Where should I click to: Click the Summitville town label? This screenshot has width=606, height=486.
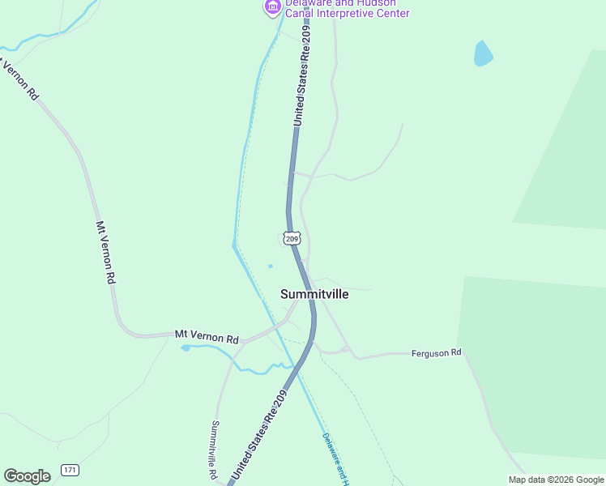[x=314, y=294]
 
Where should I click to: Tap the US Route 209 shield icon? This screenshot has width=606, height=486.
[x=292, y=238]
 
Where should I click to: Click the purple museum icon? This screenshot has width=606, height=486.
[x=272, y=7]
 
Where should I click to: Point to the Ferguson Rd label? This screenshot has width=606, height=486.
[x=436, y=353]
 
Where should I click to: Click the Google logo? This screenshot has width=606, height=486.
[x=27, y=476]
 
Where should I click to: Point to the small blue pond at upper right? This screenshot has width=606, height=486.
[x=483, y=53]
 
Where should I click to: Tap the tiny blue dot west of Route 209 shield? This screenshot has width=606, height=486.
[x=270, y=266]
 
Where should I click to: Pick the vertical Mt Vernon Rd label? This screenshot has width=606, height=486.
[x=106, y=252]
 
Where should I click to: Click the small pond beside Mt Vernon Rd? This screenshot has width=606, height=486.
[x=186, y=347]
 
